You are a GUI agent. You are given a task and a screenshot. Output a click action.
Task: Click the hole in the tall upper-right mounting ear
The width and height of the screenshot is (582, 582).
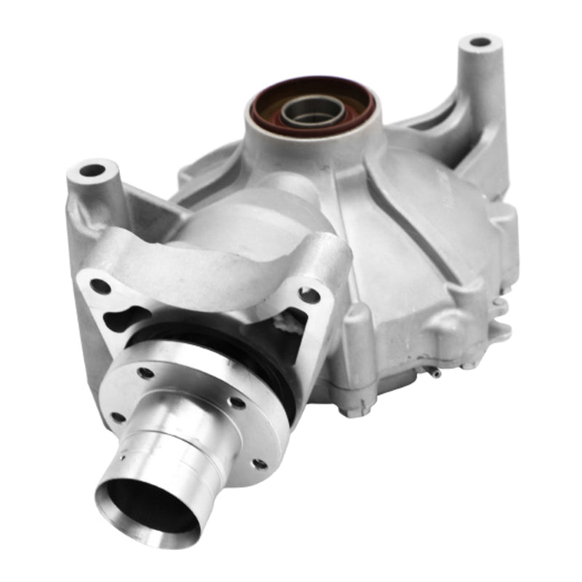tap(480, 41)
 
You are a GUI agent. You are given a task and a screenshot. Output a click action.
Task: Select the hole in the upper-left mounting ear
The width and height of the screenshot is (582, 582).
tap(92, 171)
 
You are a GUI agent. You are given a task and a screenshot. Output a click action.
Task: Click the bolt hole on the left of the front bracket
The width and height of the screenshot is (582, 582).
tap(101, 286)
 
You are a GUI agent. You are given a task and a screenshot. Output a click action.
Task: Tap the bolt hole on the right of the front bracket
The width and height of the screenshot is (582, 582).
tap(309, 295)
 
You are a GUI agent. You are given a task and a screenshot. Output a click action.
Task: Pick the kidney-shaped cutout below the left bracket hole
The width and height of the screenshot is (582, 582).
tap(120, 320)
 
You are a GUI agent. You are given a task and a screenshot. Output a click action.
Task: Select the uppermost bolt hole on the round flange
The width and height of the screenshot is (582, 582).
tap(146, 373)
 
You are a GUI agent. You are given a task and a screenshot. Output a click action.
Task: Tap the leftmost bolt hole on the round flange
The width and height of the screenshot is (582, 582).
tap(116, 418)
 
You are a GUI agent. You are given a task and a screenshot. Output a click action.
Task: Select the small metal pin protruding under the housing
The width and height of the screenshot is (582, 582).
tap(434, 374)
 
